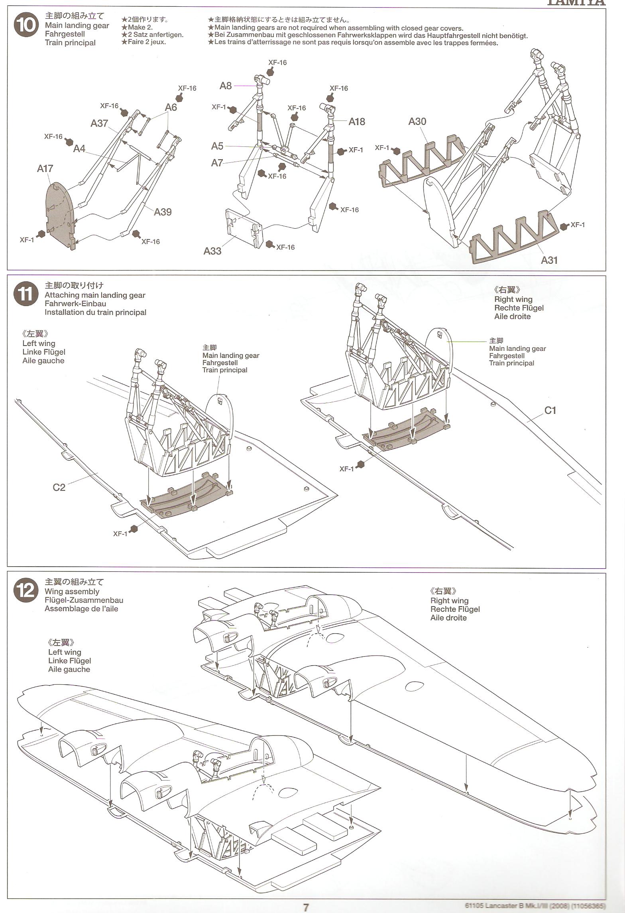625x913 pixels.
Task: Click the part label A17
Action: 45,168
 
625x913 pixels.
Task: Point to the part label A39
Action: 163,211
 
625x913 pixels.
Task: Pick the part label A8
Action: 226,85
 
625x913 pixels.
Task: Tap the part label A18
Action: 357,121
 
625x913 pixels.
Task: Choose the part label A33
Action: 212,251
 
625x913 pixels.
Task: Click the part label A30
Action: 417,121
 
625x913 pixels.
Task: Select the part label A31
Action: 549,260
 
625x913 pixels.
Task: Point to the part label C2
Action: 59,487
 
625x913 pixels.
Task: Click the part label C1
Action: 550,410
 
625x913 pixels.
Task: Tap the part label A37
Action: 99,123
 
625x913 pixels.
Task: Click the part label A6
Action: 171,107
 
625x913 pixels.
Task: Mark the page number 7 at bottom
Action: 306,907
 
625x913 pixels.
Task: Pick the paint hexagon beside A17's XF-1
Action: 41,233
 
